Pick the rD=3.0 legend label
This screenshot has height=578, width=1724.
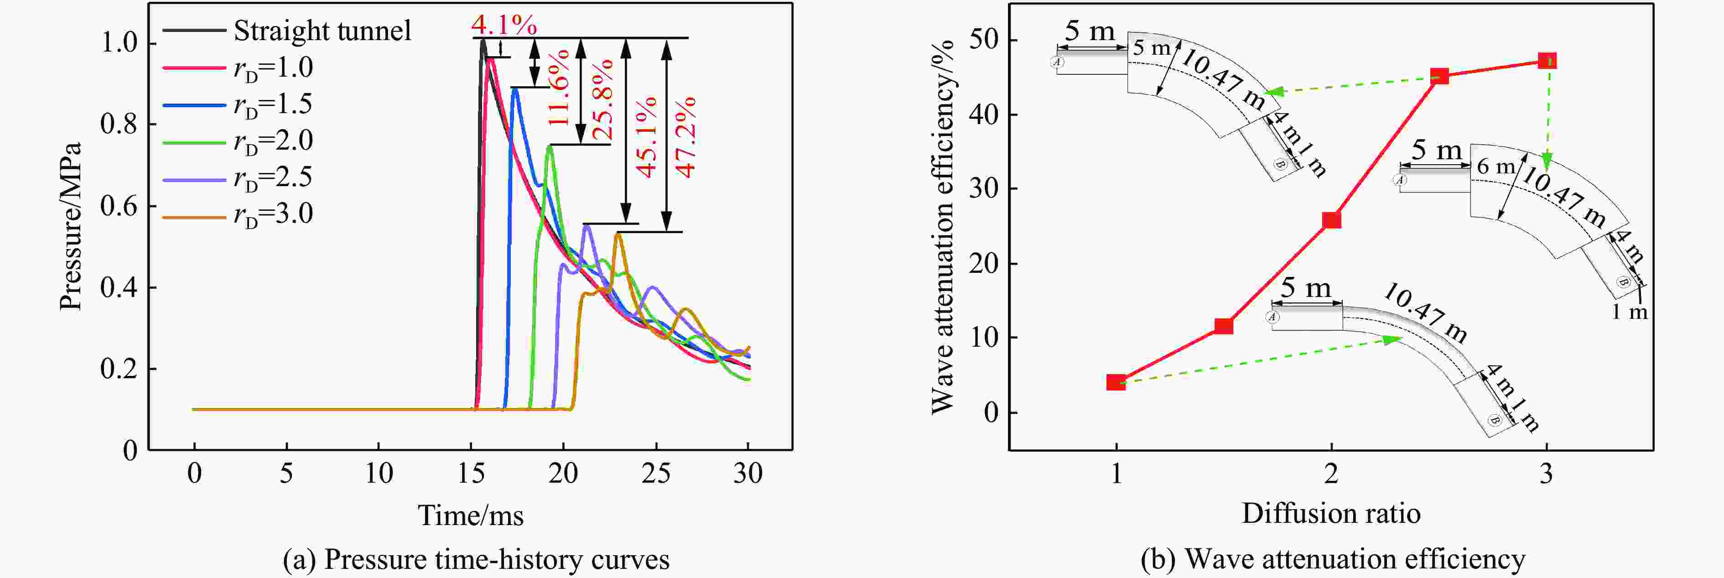[273, 214]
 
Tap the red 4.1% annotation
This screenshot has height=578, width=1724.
[503, 25]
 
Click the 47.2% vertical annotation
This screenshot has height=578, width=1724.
[686, 137]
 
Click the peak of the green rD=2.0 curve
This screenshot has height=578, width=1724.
[550, 146]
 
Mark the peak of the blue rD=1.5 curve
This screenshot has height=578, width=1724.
[514, 89]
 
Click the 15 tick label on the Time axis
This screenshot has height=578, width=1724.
[471, 474]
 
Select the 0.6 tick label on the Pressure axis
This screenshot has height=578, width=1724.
[119, 206]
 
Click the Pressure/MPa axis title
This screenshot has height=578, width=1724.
[70, 226]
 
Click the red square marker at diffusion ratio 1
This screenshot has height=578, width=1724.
[1116, 382]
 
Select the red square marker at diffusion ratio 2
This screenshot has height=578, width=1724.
[1331, 220]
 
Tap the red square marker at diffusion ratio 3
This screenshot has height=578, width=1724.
[1547, 61]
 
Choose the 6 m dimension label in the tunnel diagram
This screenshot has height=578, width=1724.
[1495, 167]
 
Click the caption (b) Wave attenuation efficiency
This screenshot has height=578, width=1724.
[1333, 558]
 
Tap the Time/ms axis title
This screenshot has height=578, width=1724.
[471, 515]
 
